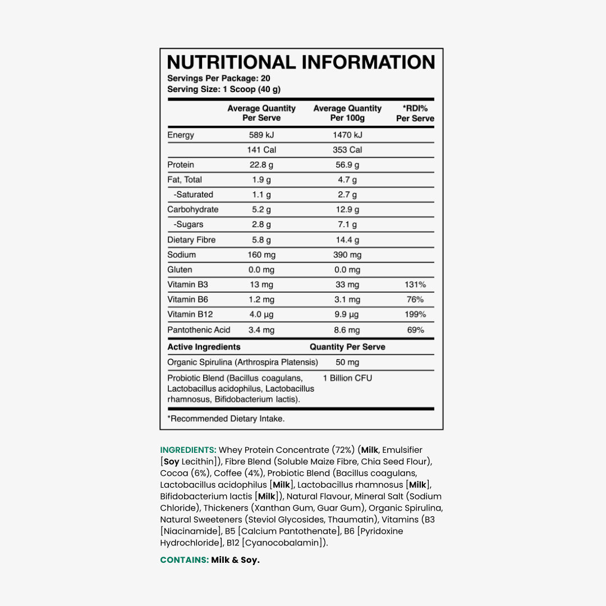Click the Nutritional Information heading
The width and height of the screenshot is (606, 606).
click(301, 62)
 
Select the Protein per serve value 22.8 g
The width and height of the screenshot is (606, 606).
click(261, 165)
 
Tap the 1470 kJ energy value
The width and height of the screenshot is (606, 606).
click(347, 135)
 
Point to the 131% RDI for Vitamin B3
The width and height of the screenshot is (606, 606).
click(415, 284)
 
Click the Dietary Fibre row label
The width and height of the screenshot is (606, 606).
click(191, 240)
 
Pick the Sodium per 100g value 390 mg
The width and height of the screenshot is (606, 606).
click(347, 255)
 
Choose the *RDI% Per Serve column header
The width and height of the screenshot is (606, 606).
click(415, 113)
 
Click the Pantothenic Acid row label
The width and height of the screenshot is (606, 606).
click(199, 330)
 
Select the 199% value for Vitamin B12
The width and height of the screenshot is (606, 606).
click(415, 315)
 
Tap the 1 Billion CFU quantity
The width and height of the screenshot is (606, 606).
click(347, 378)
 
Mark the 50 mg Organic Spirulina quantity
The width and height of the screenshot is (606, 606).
click(347, 362)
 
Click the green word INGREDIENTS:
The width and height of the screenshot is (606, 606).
click(188, 450)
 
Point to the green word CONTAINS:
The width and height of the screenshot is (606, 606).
click(184, 560)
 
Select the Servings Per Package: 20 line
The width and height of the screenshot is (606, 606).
click(218, 79)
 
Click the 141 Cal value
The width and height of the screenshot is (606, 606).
click(261, 150)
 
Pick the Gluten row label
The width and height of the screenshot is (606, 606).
click(180, 270)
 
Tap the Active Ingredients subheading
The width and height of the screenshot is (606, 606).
click(204, 347)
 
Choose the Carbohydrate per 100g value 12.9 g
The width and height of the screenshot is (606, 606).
click(347, 210)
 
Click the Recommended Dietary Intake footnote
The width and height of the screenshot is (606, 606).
click(226, 419)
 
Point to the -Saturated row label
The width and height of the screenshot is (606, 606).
click(193, 195)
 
